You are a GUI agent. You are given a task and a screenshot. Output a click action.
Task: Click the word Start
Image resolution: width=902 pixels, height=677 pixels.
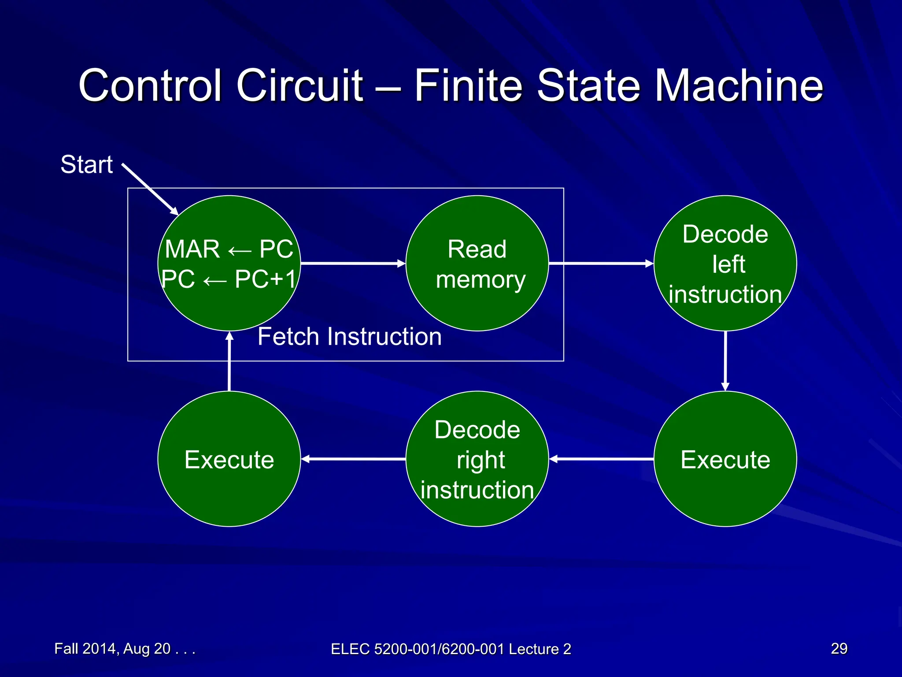[x=87, y=165]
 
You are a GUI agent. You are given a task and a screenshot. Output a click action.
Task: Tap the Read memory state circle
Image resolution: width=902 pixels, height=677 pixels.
[x=477, y=264]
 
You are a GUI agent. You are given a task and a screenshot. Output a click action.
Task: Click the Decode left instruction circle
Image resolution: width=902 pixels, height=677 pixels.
[x=725, y=264]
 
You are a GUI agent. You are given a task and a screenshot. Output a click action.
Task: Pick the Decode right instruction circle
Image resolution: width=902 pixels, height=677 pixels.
[x=477, y=459]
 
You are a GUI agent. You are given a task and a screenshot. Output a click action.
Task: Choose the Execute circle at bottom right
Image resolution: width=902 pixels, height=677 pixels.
[x=725, y=459]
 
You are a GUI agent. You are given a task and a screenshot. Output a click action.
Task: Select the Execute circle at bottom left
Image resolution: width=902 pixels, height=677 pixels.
[x=229, y=459]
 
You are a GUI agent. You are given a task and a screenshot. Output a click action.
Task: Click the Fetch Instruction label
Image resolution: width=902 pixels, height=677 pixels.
[x=350, y=337]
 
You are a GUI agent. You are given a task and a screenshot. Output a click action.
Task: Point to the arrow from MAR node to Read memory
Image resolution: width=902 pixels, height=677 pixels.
[x=352, y=264]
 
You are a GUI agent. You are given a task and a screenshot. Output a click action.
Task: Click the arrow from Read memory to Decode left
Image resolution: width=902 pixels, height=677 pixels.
[x=601, y=264]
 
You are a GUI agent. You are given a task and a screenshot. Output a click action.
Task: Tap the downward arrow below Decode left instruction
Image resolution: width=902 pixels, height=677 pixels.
[x=725, y=361]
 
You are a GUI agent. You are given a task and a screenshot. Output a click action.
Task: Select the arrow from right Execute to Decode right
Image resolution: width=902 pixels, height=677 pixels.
[x=601, y=459]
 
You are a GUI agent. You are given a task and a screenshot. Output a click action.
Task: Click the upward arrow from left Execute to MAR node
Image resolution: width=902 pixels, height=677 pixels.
[x=229, y=361]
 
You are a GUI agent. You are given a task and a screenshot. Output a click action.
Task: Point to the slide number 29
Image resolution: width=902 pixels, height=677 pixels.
[x=839, y=648]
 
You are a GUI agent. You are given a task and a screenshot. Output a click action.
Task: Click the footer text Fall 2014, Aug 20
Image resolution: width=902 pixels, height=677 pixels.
[x=124, y=649]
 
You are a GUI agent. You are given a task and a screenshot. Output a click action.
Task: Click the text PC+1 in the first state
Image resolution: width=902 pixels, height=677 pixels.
[x=265, y=279]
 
